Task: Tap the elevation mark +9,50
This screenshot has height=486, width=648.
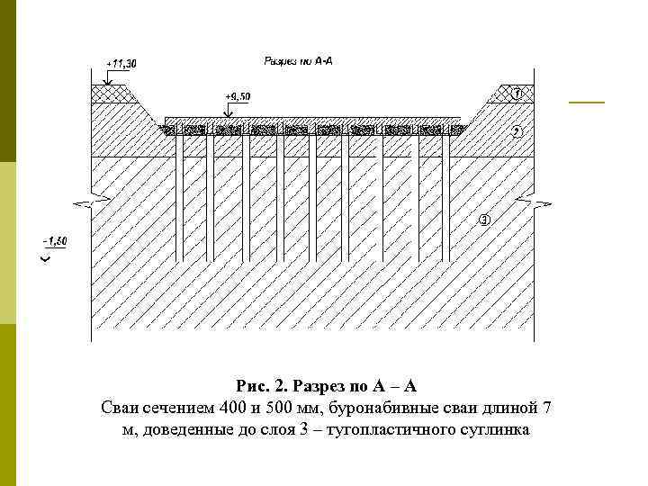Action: pyautogui.click(x=238, y=95)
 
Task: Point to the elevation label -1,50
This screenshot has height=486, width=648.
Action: pyautogui.click(x=54, y=241)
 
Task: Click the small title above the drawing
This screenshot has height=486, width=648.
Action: pyautogui.click(x=298, y=61)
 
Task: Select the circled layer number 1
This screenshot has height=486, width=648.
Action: pyautogui.click(x=517, y=94)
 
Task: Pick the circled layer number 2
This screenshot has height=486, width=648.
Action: pyautogui.click(x=517, y=131)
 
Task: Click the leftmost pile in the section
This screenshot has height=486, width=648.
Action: pyautogui.click(x=180, y=198)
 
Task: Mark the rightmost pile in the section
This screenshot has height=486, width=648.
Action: pyautogui.click(x=445, y=198)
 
